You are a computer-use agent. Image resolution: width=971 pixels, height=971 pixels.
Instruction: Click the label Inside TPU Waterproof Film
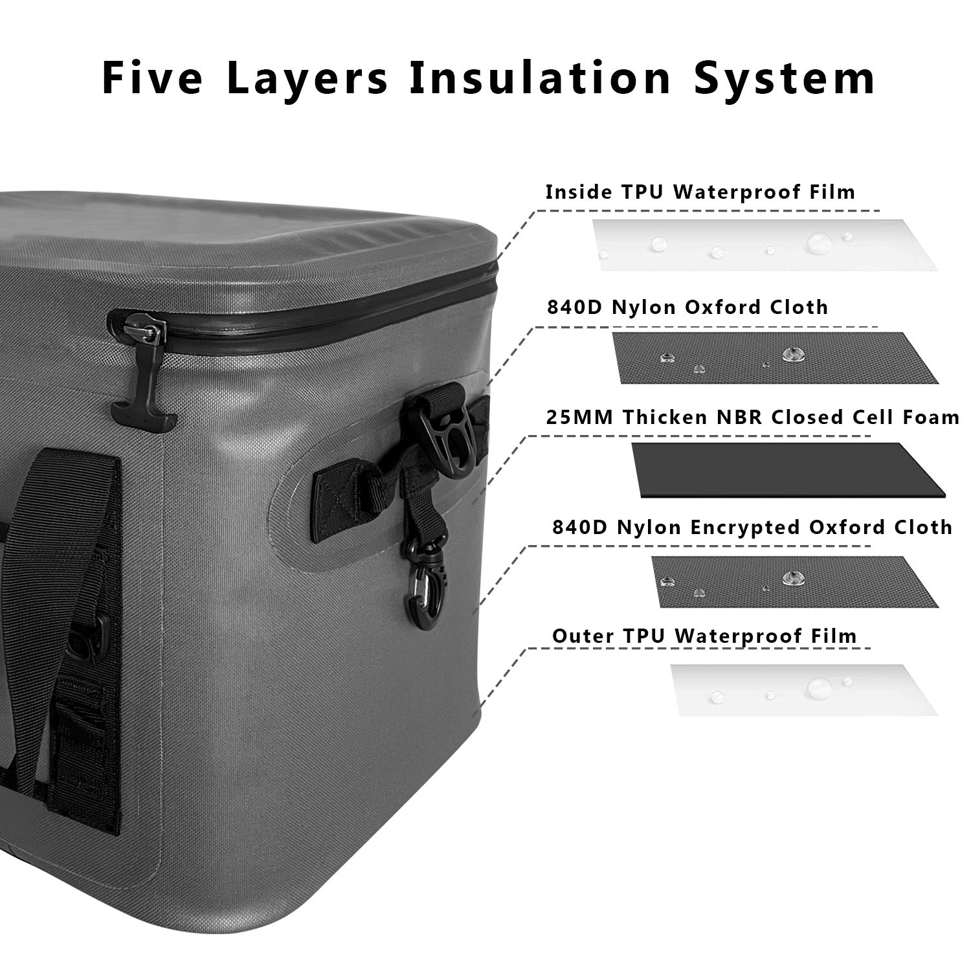pos(700,192)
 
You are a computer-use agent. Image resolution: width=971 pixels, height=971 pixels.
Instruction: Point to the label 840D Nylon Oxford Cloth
pos(687,307)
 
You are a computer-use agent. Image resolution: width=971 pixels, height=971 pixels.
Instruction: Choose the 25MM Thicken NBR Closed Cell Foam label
pos(753,417)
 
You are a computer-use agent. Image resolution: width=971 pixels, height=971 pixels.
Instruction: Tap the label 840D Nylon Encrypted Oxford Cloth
pos(752,528)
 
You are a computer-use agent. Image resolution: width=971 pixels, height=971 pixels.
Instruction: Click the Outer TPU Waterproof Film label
pos(704,636)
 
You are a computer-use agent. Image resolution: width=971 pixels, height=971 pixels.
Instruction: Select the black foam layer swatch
pos(788,471)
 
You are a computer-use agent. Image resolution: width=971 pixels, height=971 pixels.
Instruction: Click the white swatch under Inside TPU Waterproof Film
pos(765,245)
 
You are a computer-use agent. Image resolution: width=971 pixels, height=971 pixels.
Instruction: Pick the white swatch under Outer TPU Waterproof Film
pos(803,689)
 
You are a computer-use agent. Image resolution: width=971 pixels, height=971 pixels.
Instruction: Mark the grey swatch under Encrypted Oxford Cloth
pos(785,581)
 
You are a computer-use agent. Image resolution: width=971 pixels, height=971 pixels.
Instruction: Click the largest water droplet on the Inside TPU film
pos(820,243)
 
